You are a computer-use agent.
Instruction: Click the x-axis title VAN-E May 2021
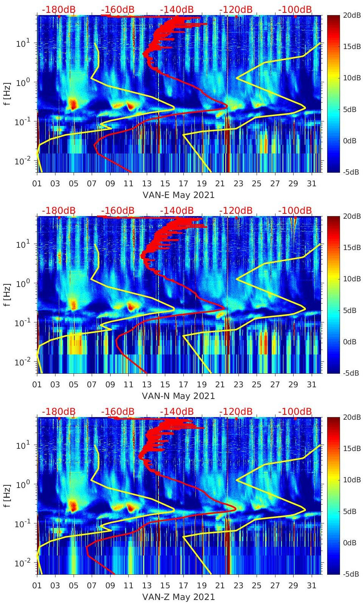pos(178,195)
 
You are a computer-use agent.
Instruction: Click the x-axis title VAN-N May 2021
pos(178,396)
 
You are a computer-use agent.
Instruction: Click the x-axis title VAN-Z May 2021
pos(178,597)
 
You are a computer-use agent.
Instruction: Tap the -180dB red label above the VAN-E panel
pos(58,9)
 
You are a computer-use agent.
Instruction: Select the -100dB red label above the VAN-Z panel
pos(295,411)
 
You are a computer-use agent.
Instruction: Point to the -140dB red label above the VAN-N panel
pos(177,210)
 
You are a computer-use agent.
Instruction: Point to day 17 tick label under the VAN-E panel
pos(183,184)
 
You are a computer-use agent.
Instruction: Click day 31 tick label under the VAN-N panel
pos(311,385)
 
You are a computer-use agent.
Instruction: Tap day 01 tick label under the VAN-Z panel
pos(37,586)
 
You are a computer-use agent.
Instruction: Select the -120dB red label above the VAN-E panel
pos(236,9)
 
